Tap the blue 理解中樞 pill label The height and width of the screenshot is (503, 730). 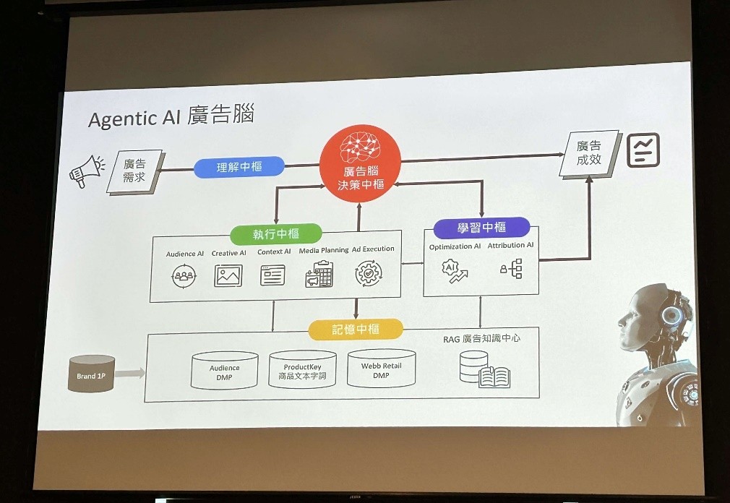pos(239,167)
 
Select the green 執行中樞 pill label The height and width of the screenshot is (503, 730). pos(276,233)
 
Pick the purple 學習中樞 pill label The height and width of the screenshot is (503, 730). pos(481,228)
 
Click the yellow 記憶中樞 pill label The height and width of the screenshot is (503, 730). pos(356,330)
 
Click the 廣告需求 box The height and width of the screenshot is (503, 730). pos(134,171)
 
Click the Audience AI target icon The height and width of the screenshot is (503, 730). pos(184,275)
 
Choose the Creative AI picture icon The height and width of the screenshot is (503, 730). pos(228,275)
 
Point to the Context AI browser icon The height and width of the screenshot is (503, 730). pos(272,275)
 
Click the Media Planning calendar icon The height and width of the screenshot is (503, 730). pos(319,275)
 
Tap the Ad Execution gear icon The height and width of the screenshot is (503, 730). pos(369,273)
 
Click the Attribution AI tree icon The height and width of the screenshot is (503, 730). pos(511,270)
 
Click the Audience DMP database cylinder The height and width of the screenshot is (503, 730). pos(224,369)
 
